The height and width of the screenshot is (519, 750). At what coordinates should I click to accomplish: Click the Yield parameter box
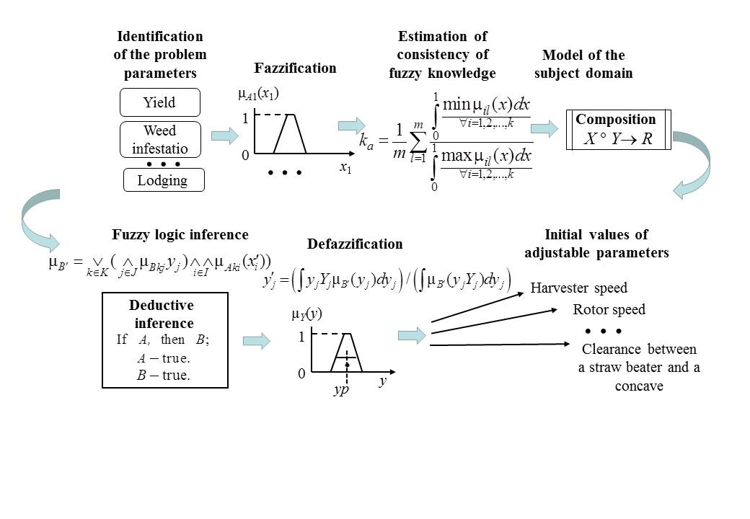pos(159,102)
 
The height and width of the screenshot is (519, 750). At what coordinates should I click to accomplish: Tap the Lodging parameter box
pos(163,180)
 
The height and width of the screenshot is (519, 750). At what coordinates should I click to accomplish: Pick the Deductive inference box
pos(165,340)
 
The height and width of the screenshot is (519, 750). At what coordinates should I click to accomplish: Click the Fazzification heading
pos(295,68)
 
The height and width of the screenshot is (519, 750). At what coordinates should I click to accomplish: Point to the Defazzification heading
pos(355,244)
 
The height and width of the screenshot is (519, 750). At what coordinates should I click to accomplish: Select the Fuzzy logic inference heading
pos(180,234)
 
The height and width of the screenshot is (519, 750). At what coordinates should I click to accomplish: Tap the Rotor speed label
pos(609,310)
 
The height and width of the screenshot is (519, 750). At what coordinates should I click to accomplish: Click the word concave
pos(639,386)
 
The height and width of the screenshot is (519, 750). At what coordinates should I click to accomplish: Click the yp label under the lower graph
pos(340,389)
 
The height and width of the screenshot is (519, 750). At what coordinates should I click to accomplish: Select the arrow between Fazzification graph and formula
pos(350,125)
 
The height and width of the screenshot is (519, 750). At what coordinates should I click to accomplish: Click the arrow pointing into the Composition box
pos(544,128)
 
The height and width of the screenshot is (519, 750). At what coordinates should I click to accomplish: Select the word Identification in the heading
pos(160,36)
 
